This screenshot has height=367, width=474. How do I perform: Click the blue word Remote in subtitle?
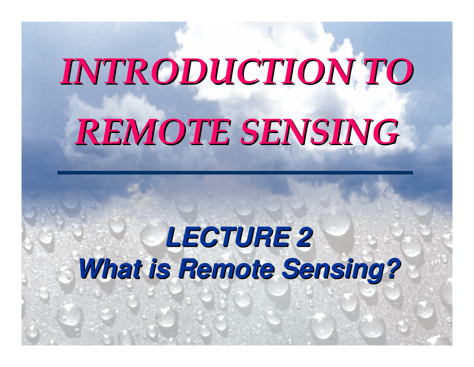(x=226, y=269)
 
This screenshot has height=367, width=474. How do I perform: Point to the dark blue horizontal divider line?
(x=235, y=173)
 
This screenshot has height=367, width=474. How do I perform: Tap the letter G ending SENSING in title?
(x=387, y=132)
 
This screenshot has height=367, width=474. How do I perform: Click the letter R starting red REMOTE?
(x=87, y=132)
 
